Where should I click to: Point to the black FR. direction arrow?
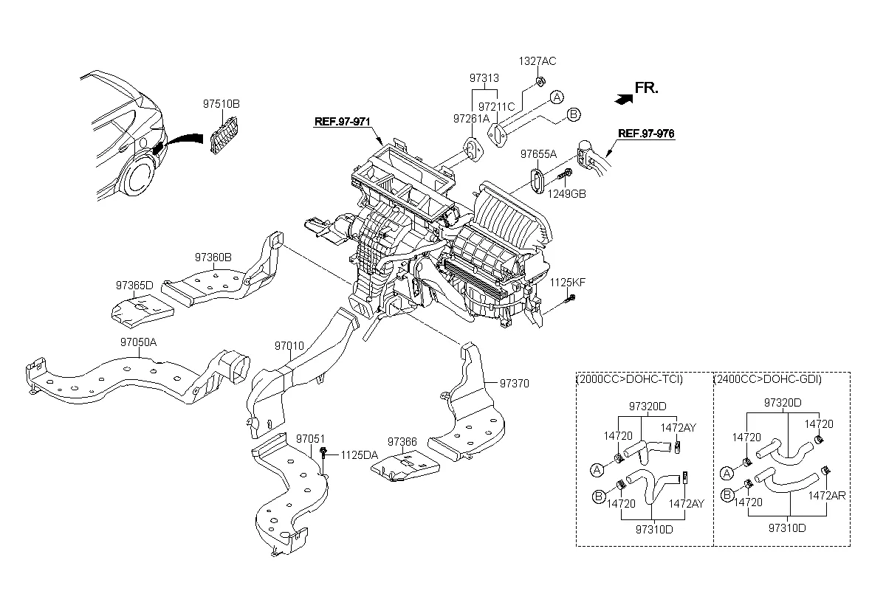(622, 96)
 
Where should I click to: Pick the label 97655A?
(538, 155)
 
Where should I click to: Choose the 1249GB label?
(567, 193)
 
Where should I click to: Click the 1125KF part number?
(566, 283)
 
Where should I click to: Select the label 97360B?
(213, 257)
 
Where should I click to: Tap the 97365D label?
(134, 285)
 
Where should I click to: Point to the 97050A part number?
(139, 342)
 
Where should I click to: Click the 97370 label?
(515, 384)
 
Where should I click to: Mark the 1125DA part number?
(359, 455)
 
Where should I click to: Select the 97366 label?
(402, 442)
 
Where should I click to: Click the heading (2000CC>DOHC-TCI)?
(629, 379)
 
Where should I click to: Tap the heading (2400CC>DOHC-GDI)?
(768, 379)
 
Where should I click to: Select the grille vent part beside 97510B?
(221, 138)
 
